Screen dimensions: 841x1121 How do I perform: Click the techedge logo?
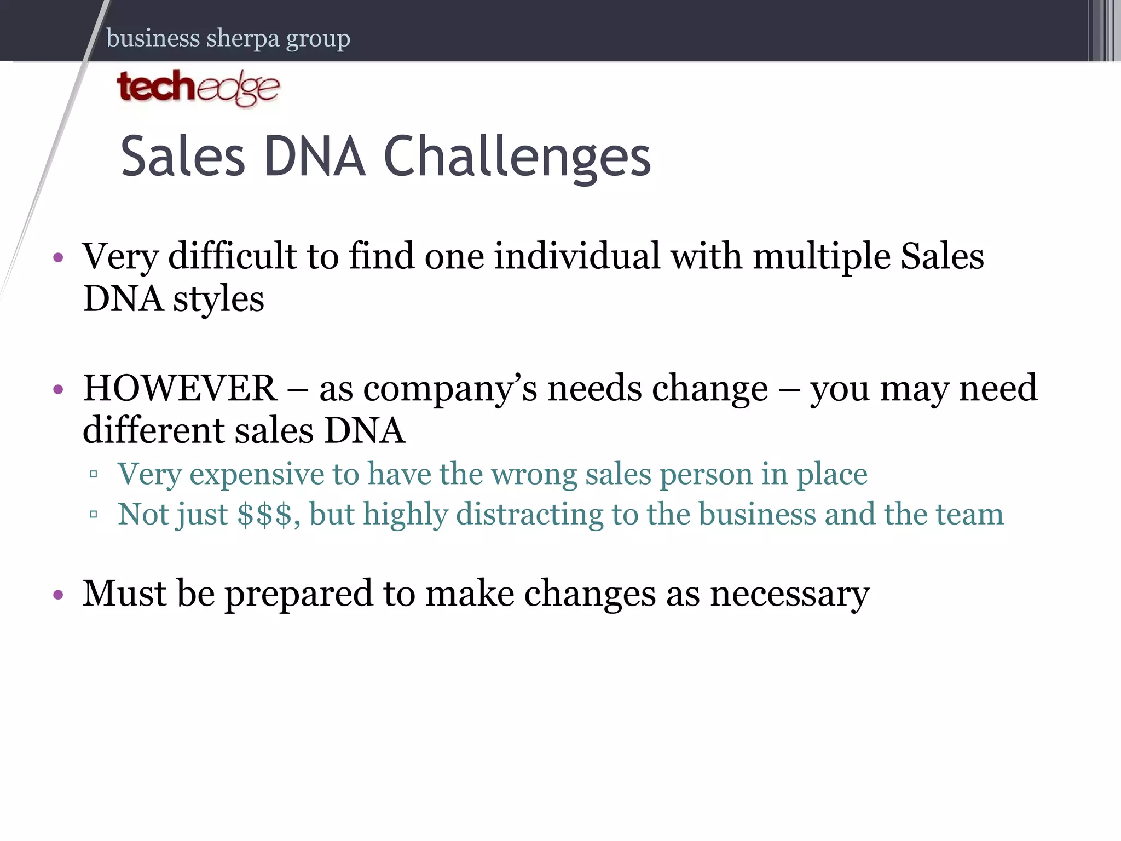(198, 88)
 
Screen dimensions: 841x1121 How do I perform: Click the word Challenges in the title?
(517, 157)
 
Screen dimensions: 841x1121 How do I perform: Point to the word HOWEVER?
(180, 388)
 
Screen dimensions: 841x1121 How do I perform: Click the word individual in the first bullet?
(577, 256)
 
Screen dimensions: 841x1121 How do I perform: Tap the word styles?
(218, 300)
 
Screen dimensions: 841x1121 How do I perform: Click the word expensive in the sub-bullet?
(257, 474)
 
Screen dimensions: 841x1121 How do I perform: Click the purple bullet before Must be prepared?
(59, 595)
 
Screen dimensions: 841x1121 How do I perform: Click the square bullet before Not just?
(94, 514)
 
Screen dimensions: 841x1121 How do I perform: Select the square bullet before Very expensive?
(94, 474)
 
